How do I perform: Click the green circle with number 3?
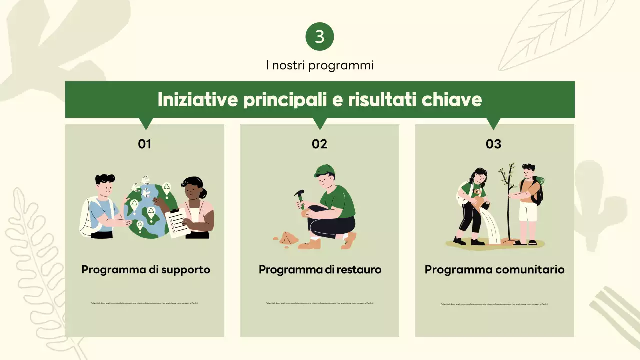pyautogui.click(x=320, y=37)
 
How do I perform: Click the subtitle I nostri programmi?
pyautogui.click(x=320, y=65)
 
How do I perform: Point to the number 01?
pyautogui.click(x=145, y=144)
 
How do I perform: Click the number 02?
pyautogui.click(x=320, y=144)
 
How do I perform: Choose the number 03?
pyautogui.click(x=493, y=144)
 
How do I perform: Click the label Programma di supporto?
pyautogui.click(x=146, y=270)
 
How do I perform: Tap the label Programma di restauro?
pyautogui.click(x=320, y=270)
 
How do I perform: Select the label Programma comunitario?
pyautogui.click(x=494, y=270)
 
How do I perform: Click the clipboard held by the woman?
pyautogui.click(x=177, y=222)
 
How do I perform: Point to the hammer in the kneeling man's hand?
pyautogui.click(x=300, y=197)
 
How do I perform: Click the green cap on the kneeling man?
pyautogui.click(x=323, y=170)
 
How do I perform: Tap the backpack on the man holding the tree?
pyautogui.click(x=537, y=190)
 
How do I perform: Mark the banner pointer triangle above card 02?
pyautogui.click(x=320, y=123)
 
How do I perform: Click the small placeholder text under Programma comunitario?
pyautogui.click(x=494, y=304)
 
